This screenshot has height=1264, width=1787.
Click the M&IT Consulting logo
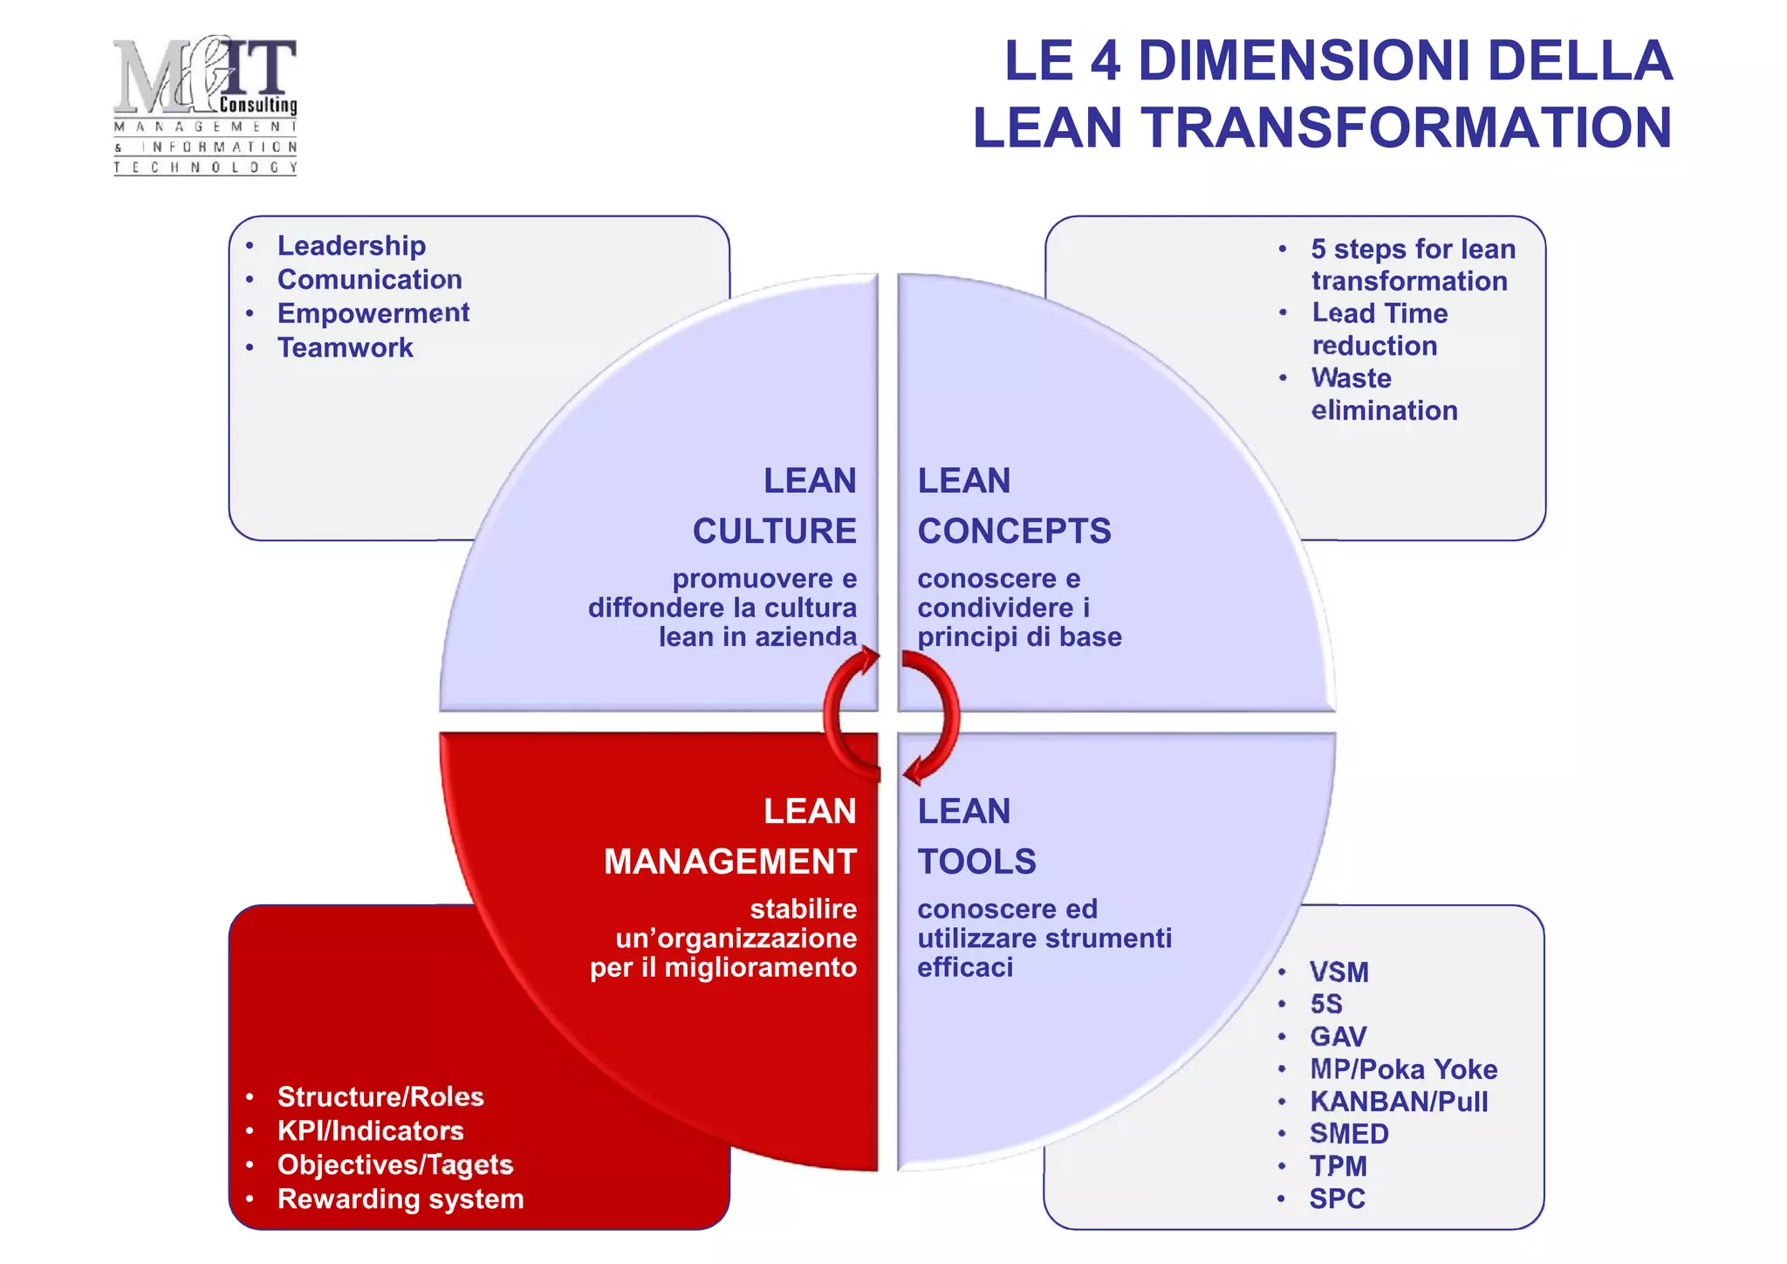tap(205, 105)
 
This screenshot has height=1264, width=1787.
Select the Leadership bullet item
tap(352, 246)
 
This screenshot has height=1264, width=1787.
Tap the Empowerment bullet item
tap(373, 313)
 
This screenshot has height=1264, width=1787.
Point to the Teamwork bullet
tap(345, 347)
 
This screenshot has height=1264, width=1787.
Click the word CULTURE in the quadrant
tap(774, 532)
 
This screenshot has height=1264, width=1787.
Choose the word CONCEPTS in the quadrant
tap(1014, 532)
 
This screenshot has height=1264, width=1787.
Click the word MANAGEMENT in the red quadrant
tap(729, 862)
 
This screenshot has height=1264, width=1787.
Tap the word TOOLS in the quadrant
tap(976, 862)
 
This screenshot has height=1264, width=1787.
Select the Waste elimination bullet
tap(1383, 395)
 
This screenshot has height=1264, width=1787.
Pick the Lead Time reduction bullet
tap(1379, 330)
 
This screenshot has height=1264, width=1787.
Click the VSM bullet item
tap(1339, 972)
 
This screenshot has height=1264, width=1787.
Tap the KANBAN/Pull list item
tap(1399, 1102)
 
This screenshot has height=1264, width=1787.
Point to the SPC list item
tap(1337, 1199)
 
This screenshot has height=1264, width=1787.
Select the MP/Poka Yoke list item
tap(1403, 1069)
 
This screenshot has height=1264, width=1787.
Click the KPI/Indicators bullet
tap(370, 1131)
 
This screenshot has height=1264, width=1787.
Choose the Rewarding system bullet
tap(401, 1199)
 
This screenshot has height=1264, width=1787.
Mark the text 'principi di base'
tap(1019, 637)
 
